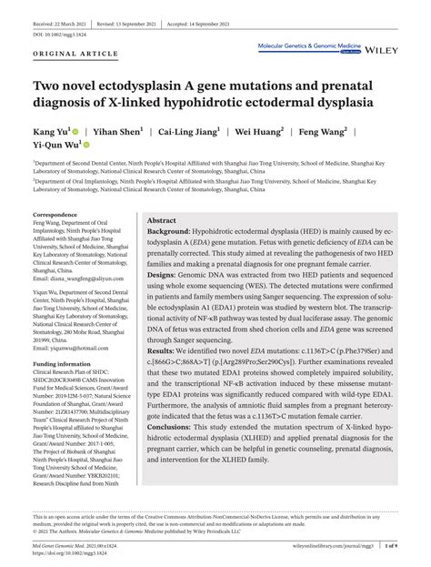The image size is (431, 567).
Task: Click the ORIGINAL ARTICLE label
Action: (66, 55)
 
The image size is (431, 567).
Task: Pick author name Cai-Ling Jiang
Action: (183, 131)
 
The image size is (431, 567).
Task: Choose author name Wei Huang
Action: (256, 131)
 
